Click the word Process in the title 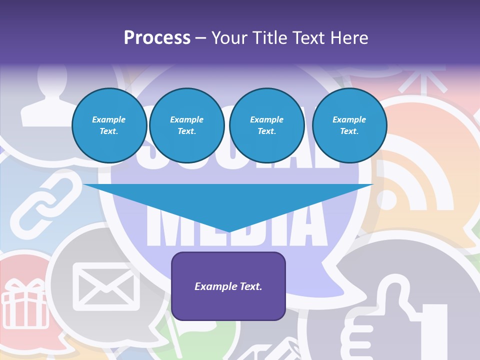(157, 38)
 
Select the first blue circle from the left (109, 125)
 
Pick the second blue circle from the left (187, 125)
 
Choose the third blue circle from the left (267, 125)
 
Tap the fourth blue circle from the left (349, 125)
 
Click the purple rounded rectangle (228, 286)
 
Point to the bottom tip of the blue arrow (229, 231)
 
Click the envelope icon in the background (105, 285)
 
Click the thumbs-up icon (395, 325)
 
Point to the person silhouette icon (44, 100)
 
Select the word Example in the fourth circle (349, 119)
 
